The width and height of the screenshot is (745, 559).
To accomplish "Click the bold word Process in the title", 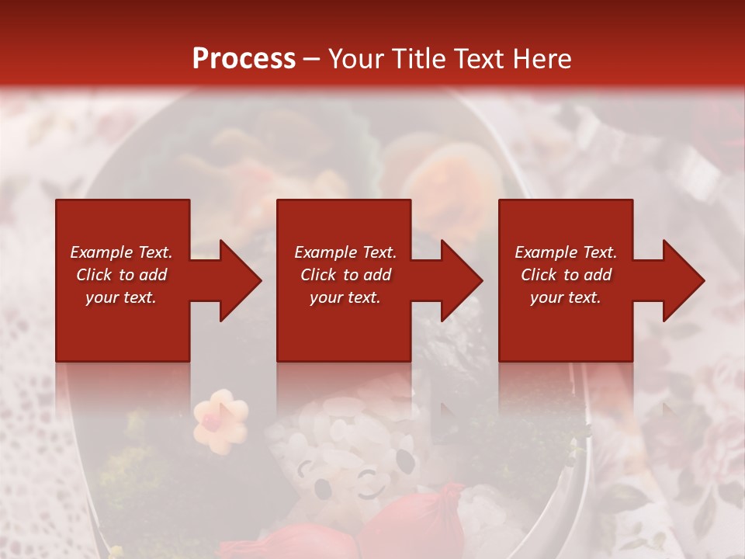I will (x=244, y=59).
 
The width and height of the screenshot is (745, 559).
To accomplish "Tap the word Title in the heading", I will (x=417, y=59).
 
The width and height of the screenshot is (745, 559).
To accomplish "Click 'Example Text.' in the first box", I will (x=121, y=252).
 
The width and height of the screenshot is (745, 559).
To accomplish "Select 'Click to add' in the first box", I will (x=121, y=275).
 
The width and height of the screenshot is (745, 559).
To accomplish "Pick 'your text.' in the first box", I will (x=121, y=297).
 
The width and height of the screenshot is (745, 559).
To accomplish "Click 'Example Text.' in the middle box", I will (x=345, y=252).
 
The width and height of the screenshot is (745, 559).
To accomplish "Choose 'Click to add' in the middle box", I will (x=345, y=275).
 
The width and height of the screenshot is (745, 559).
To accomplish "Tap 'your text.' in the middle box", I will (x=345, y=297).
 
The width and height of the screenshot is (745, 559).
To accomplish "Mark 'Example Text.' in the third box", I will (x=566, y=252).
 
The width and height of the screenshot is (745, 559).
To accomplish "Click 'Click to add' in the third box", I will (x=566, y=275).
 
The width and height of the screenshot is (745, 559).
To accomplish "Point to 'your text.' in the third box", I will (x=566, y=297).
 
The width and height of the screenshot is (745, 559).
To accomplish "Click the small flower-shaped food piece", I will (x=220, y=421).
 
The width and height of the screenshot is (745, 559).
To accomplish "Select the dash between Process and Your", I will (x=312, y=60).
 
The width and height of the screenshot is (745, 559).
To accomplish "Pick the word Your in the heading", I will (x=357, y=59).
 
